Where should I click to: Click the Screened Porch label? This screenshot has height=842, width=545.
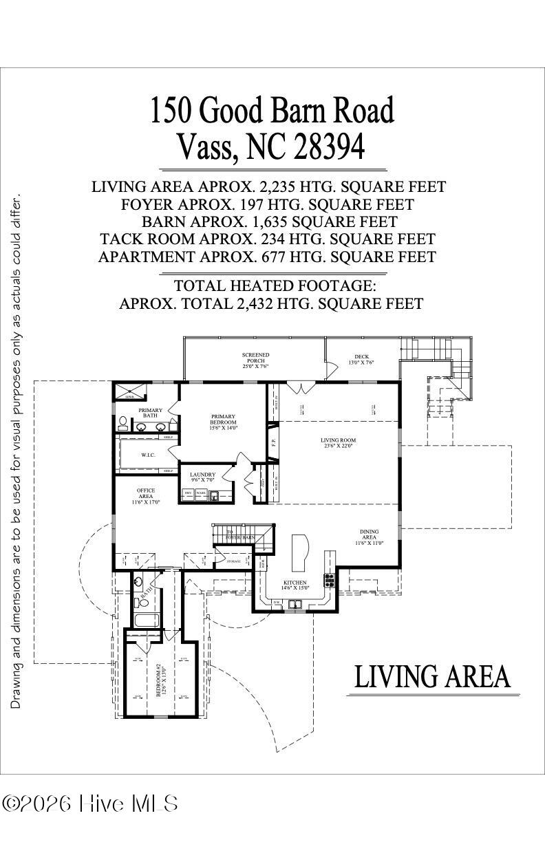point(255,360)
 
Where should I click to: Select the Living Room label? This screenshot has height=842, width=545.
point(338,442)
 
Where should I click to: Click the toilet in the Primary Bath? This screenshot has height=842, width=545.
point(122,421)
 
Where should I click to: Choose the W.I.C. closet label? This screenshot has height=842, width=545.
point(147,454)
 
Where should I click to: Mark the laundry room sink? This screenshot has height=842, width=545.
point(214,494)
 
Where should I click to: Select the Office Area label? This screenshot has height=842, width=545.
point(146,496)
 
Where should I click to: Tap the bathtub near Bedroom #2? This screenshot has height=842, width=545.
point(145,620)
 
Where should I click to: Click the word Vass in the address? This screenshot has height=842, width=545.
point(207,145)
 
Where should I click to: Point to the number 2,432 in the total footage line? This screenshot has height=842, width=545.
point(264,303)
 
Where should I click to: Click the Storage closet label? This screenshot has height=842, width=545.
point(233,561)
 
